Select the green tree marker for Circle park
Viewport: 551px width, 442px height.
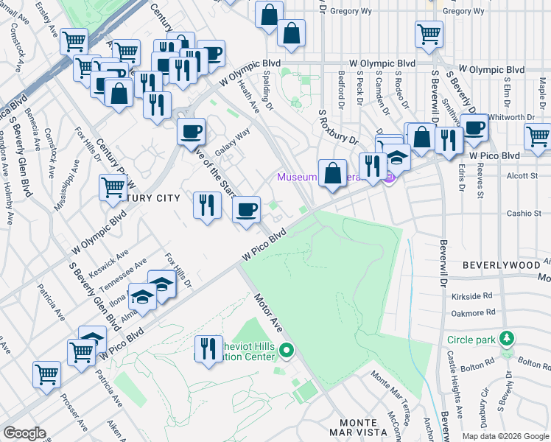coord(506,339)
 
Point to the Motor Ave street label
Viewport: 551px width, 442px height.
coord(269,312)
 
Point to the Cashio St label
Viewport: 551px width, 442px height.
coord(524,214)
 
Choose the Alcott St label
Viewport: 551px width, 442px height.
coord(524,177)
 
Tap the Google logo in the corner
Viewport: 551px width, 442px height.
coord(24,433)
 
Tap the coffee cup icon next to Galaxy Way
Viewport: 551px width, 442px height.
coord(192,132)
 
